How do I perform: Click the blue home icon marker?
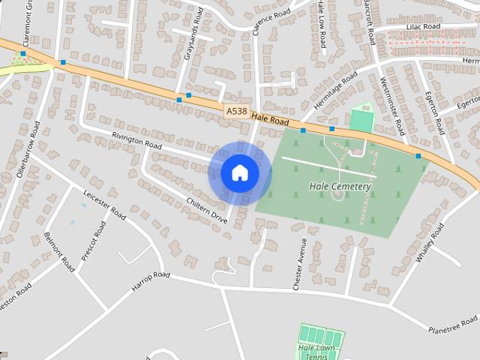(239, 173)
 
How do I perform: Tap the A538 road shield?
(236, 111)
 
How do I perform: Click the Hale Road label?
(270, 118)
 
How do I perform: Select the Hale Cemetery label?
(340, 186)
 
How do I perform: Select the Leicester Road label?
(104, 202)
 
